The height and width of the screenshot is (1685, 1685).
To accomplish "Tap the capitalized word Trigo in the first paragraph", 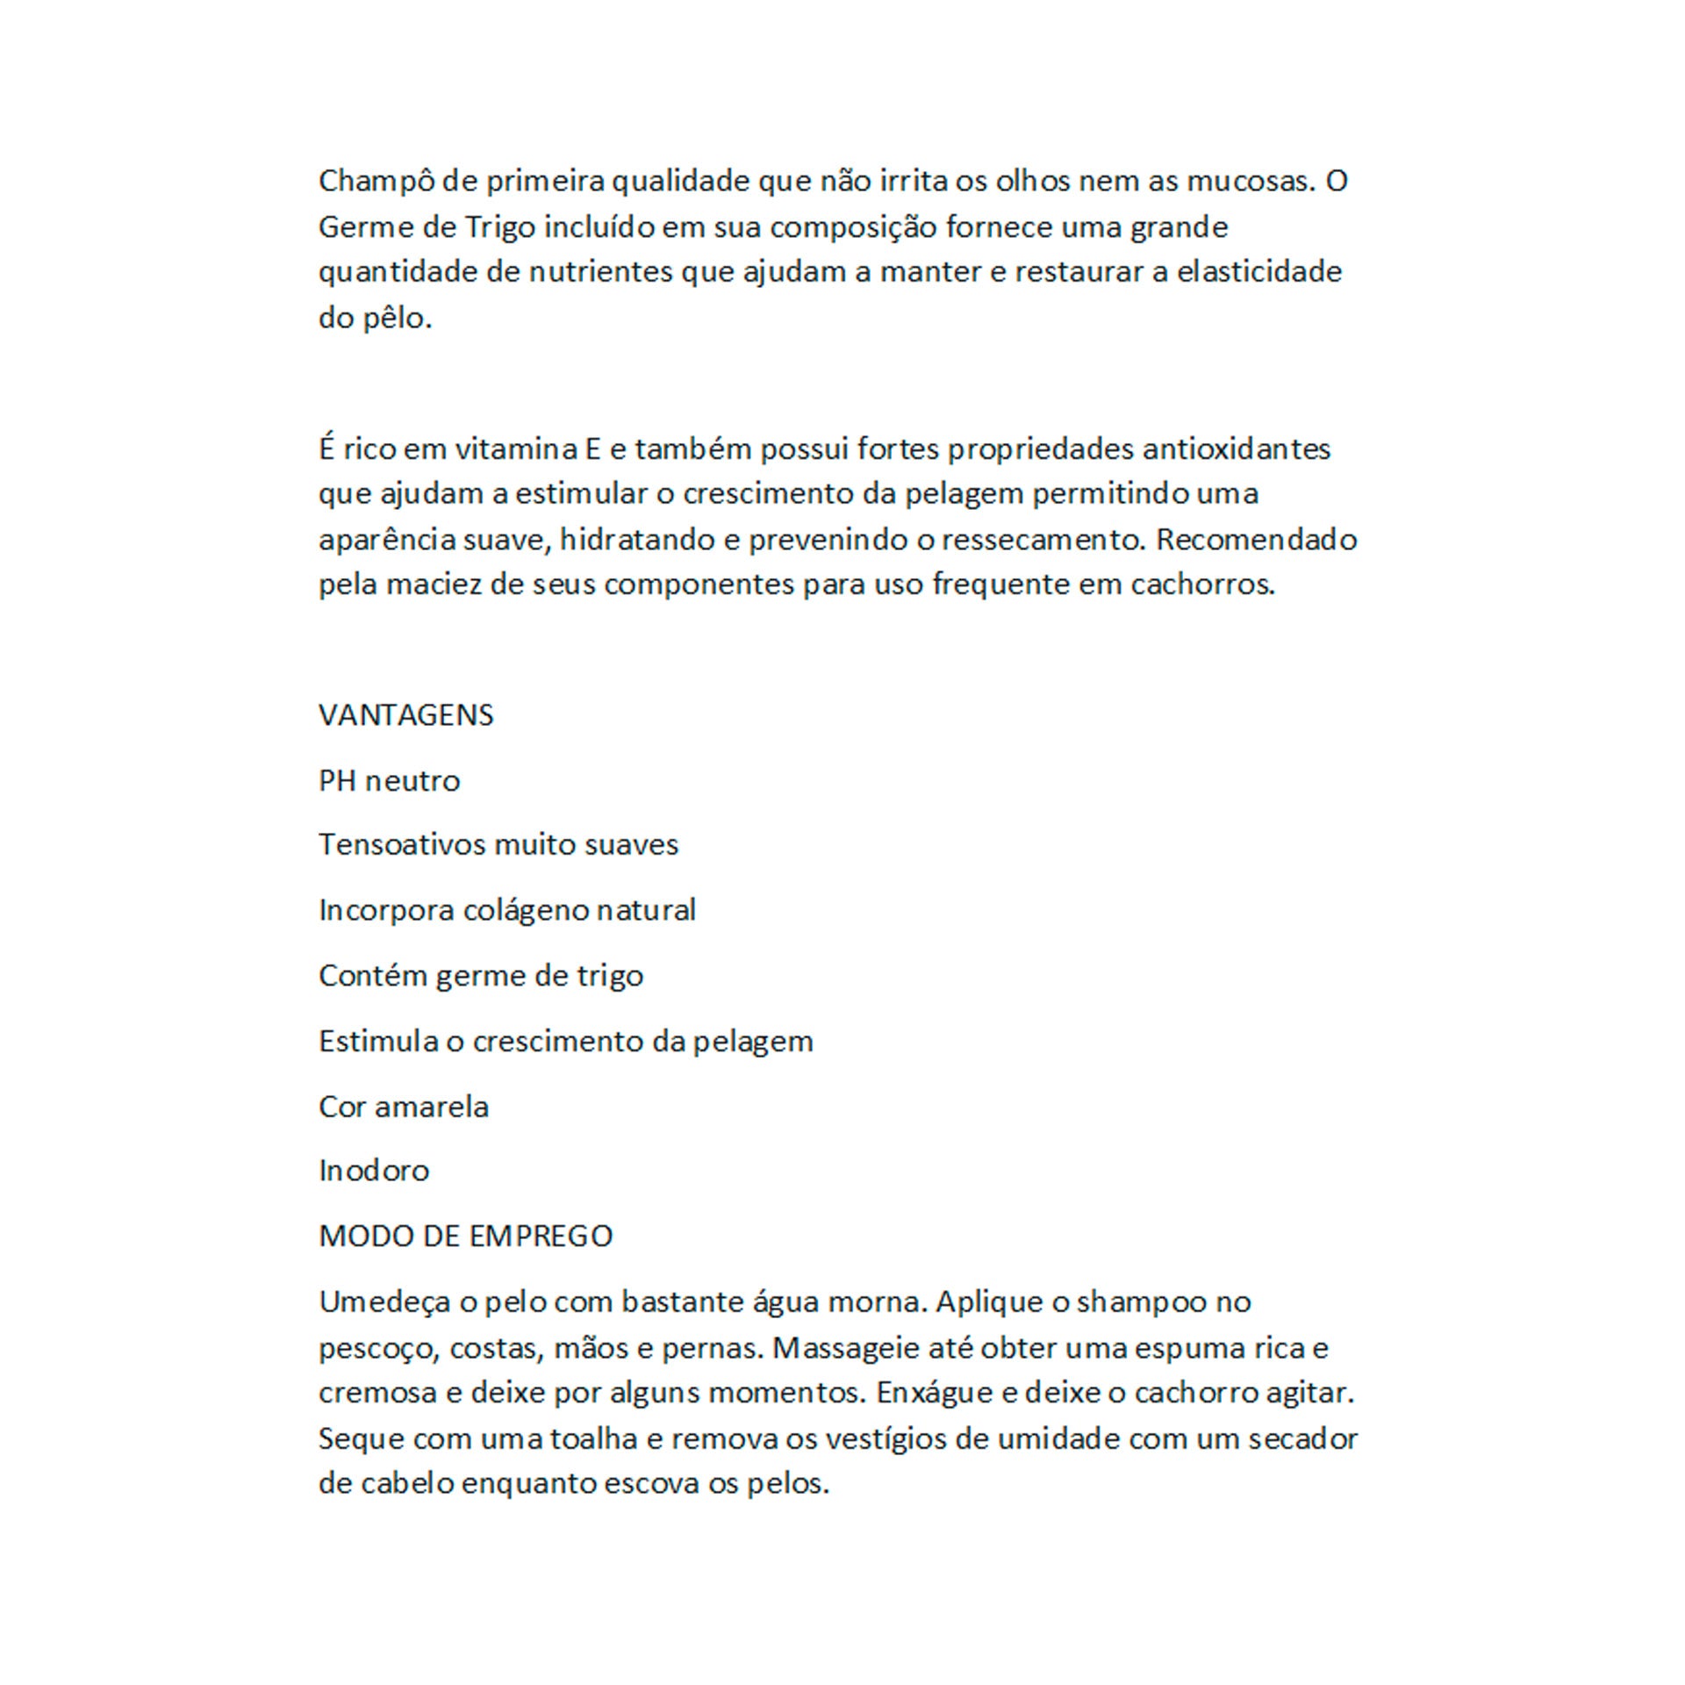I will [x=500, y=227].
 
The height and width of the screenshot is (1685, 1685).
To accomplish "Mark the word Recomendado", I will [x=1256, y=539].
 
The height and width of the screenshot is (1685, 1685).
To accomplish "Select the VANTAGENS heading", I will [x=405, y=715].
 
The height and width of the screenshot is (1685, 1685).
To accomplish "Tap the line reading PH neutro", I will [x=389, y=781].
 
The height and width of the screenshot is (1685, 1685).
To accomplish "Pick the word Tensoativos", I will [x=402, y=844].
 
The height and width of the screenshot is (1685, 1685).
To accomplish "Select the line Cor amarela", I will [x=403, y=1107].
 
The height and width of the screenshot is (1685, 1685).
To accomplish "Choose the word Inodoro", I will [x=374, y=1171].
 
